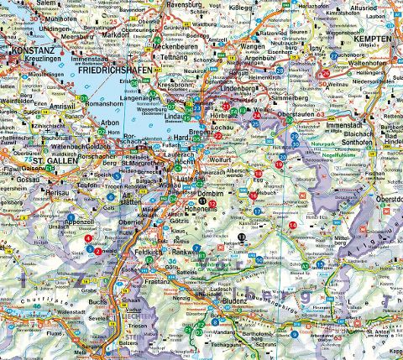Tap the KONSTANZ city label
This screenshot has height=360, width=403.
pos(34,51)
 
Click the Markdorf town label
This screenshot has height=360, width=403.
pos(115,34)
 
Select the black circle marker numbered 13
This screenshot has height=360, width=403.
pos(243,237)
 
